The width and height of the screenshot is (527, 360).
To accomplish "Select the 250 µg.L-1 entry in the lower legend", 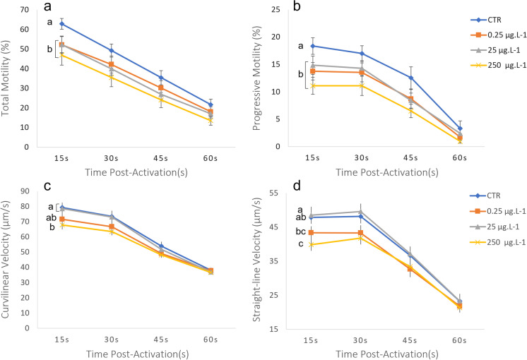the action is pos(497,242).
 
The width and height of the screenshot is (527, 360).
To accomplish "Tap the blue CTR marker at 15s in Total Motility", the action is pos(62,24).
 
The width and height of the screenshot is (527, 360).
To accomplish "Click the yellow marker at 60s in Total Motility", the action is pos(211,120).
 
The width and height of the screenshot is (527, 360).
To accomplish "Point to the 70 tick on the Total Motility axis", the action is pos(24,9).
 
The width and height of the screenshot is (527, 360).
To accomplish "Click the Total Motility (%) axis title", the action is pos(6,78).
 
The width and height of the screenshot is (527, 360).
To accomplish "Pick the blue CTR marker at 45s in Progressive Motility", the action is pos(410,78).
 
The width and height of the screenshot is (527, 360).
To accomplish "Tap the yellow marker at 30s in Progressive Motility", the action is pos(362,85).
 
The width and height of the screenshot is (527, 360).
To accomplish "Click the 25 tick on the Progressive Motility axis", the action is pos(276,9).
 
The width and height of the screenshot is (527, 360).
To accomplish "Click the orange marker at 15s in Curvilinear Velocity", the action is pos(62,220).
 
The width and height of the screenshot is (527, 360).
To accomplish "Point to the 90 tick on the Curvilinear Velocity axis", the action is pos(25,191).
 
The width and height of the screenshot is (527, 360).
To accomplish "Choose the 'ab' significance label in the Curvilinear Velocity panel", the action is pos(51,218).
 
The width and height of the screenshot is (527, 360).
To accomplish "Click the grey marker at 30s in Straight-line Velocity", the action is pos(360,212).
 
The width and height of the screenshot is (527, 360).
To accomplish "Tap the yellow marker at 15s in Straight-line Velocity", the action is pos(312,244).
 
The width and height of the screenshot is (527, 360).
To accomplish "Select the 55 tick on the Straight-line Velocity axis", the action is pos(274,193).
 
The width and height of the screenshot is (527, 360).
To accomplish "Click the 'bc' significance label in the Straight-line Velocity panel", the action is pos(300,232).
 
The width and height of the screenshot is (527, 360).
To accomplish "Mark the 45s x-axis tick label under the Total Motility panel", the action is pos(160,158).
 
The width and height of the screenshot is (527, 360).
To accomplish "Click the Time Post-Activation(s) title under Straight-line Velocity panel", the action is pos(387,354).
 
